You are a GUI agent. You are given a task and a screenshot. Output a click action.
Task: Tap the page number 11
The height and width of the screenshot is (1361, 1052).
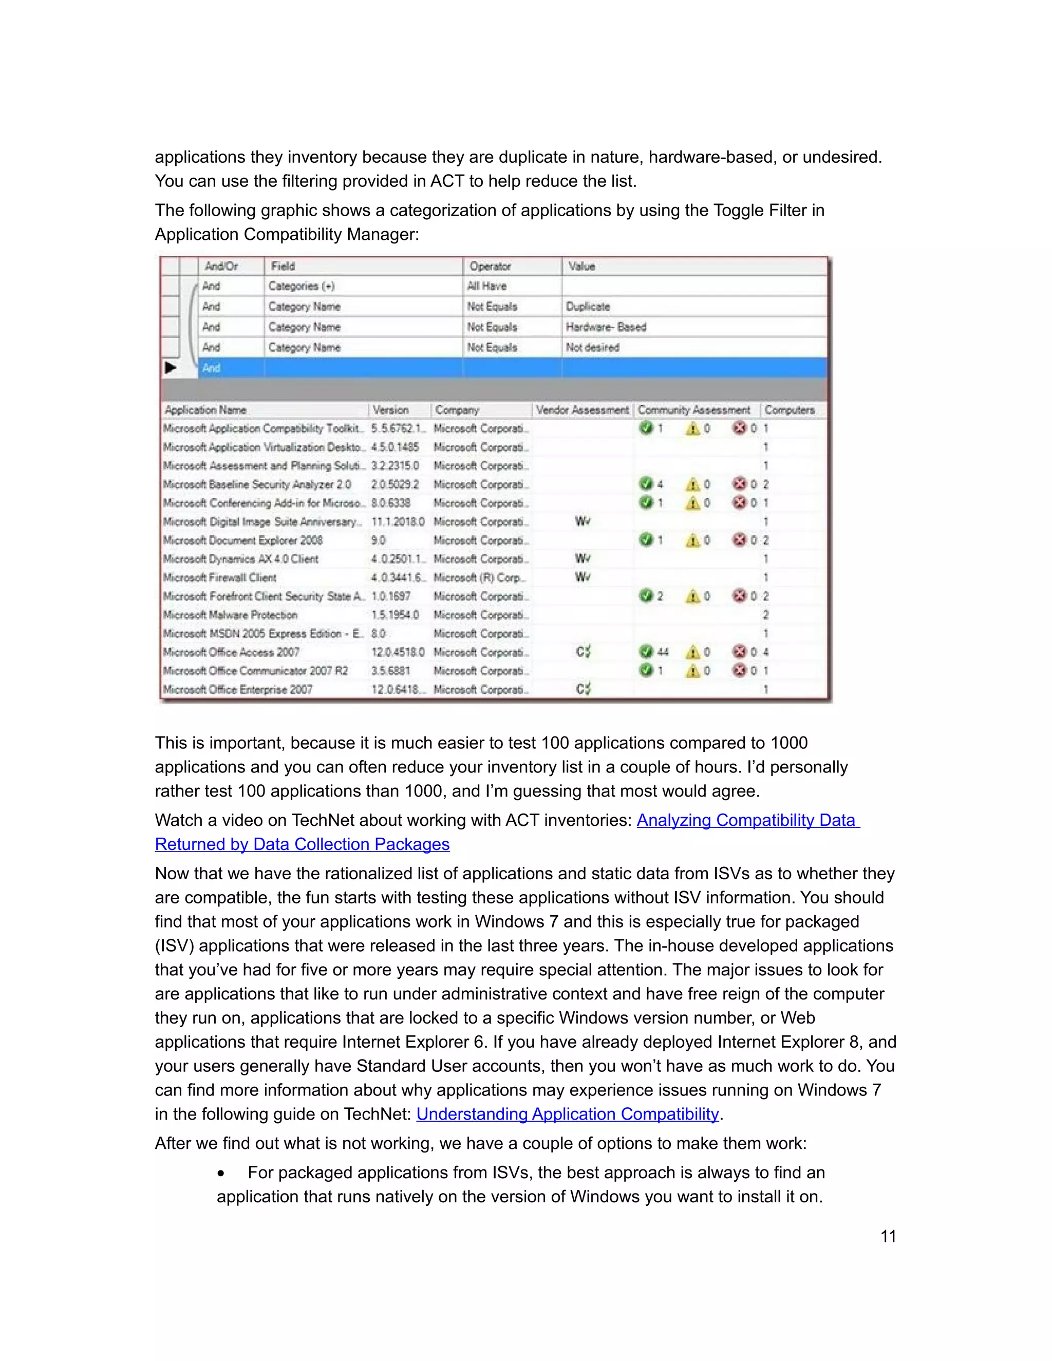[x=888, y=1236]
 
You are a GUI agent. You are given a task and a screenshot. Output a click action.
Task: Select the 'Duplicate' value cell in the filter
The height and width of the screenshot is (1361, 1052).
[x=588, y=307]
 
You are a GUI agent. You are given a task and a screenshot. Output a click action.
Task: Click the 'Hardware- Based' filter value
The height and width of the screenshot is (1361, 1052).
[x=606, y=327]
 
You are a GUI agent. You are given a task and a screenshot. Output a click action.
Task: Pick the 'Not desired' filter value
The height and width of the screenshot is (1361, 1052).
[x=592, y=348]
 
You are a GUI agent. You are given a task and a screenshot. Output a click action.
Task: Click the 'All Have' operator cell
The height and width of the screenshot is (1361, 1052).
[x=487, y=286]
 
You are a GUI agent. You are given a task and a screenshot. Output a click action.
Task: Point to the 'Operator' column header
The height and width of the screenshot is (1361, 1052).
[x=491, y=266]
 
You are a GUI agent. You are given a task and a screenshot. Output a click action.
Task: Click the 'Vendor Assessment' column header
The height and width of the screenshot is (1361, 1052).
[x=582, y=410]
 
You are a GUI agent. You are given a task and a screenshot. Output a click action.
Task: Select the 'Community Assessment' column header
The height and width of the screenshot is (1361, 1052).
[x=693, y=410]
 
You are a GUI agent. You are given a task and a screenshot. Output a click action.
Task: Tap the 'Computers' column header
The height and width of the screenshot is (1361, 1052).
[x=790, y=410]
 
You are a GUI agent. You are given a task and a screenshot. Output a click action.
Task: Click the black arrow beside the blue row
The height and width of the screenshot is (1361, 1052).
[x=170, y=368]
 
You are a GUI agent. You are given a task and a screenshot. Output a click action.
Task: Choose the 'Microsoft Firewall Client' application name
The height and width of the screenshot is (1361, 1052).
[x=220, y=578]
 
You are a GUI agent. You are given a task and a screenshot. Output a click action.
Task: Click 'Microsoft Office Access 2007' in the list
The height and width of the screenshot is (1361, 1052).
[x=231, y=652]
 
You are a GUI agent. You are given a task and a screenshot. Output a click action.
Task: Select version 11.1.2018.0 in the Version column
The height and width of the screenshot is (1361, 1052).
[x=398, y=522]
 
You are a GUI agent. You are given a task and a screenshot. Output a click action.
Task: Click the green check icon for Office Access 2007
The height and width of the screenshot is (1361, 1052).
[x=646, y=652]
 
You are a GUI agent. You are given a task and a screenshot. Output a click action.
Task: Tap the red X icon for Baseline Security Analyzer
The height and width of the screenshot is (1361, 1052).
[x=739, y=484]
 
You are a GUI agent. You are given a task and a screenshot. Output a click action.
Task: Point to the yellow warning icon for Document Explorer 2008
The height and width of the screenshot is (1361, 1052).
[x=692, y=540]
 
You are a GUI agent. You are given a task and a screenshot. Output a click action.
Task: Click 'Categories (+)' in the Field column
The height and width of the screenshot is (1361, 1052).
[x=302, y=286]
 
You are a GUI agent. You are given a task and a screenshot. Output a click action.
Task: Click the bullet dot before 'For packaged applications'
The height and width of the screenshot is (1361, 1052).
[x=221, y=1174]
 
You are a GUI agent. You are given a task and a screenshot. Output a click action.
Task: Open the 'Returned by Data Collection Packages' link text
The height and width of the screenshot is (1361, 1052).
[x=302, y=844]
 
